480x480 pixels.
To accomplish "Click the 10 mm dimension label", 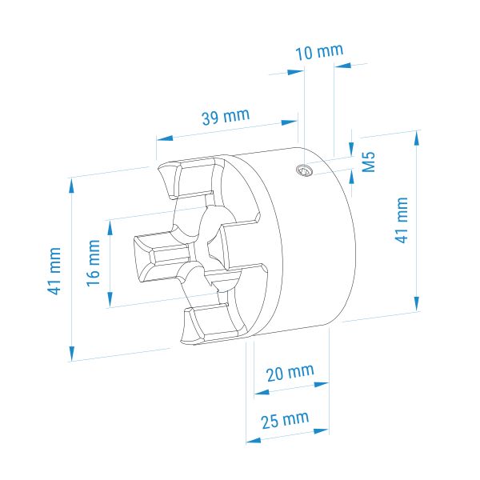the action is (319, 52).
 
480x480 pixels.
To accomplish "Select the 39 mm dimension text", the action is (226, 116).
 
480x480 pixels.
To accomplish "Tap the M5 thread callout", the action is (368, 162).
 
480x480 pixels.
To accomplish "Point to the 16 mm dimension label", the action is (94, 263).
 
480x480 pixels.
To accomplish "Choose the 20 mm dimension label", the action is (290, 373).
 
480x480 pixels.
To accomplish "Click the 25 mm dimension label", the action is (285, 420).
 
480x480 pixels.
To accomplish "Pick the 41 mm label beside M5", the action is (402, 220).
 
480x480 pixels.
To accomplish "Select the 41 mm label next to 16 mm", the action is (54, 271).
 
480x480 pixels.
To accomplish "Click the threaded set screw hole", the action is (303, 170).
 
